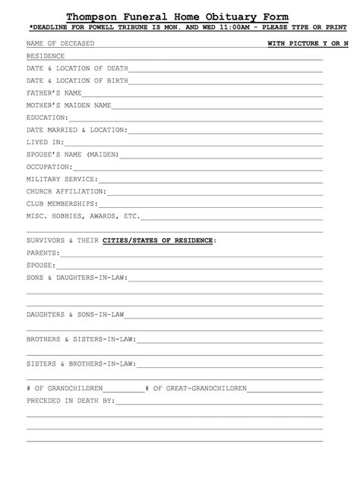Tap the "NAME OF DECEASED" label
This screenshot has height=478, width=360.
(61, 44)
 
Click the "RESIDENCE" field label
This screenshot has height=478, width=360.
(46, 56)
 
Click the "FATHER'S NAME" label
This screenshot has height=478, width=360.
(54, 93)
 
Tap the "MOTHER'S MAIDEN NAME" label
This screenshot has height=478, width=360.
(69, 105)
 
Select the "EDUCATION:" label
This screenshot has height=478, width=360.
(47, 118)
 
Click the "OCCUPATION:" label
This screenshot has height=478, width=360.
(49, 166)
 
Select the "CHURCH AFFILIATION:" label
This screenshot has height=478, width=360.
(66, 191)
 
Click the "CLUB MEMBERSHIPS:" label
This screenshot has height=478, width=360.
(62, 203)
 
